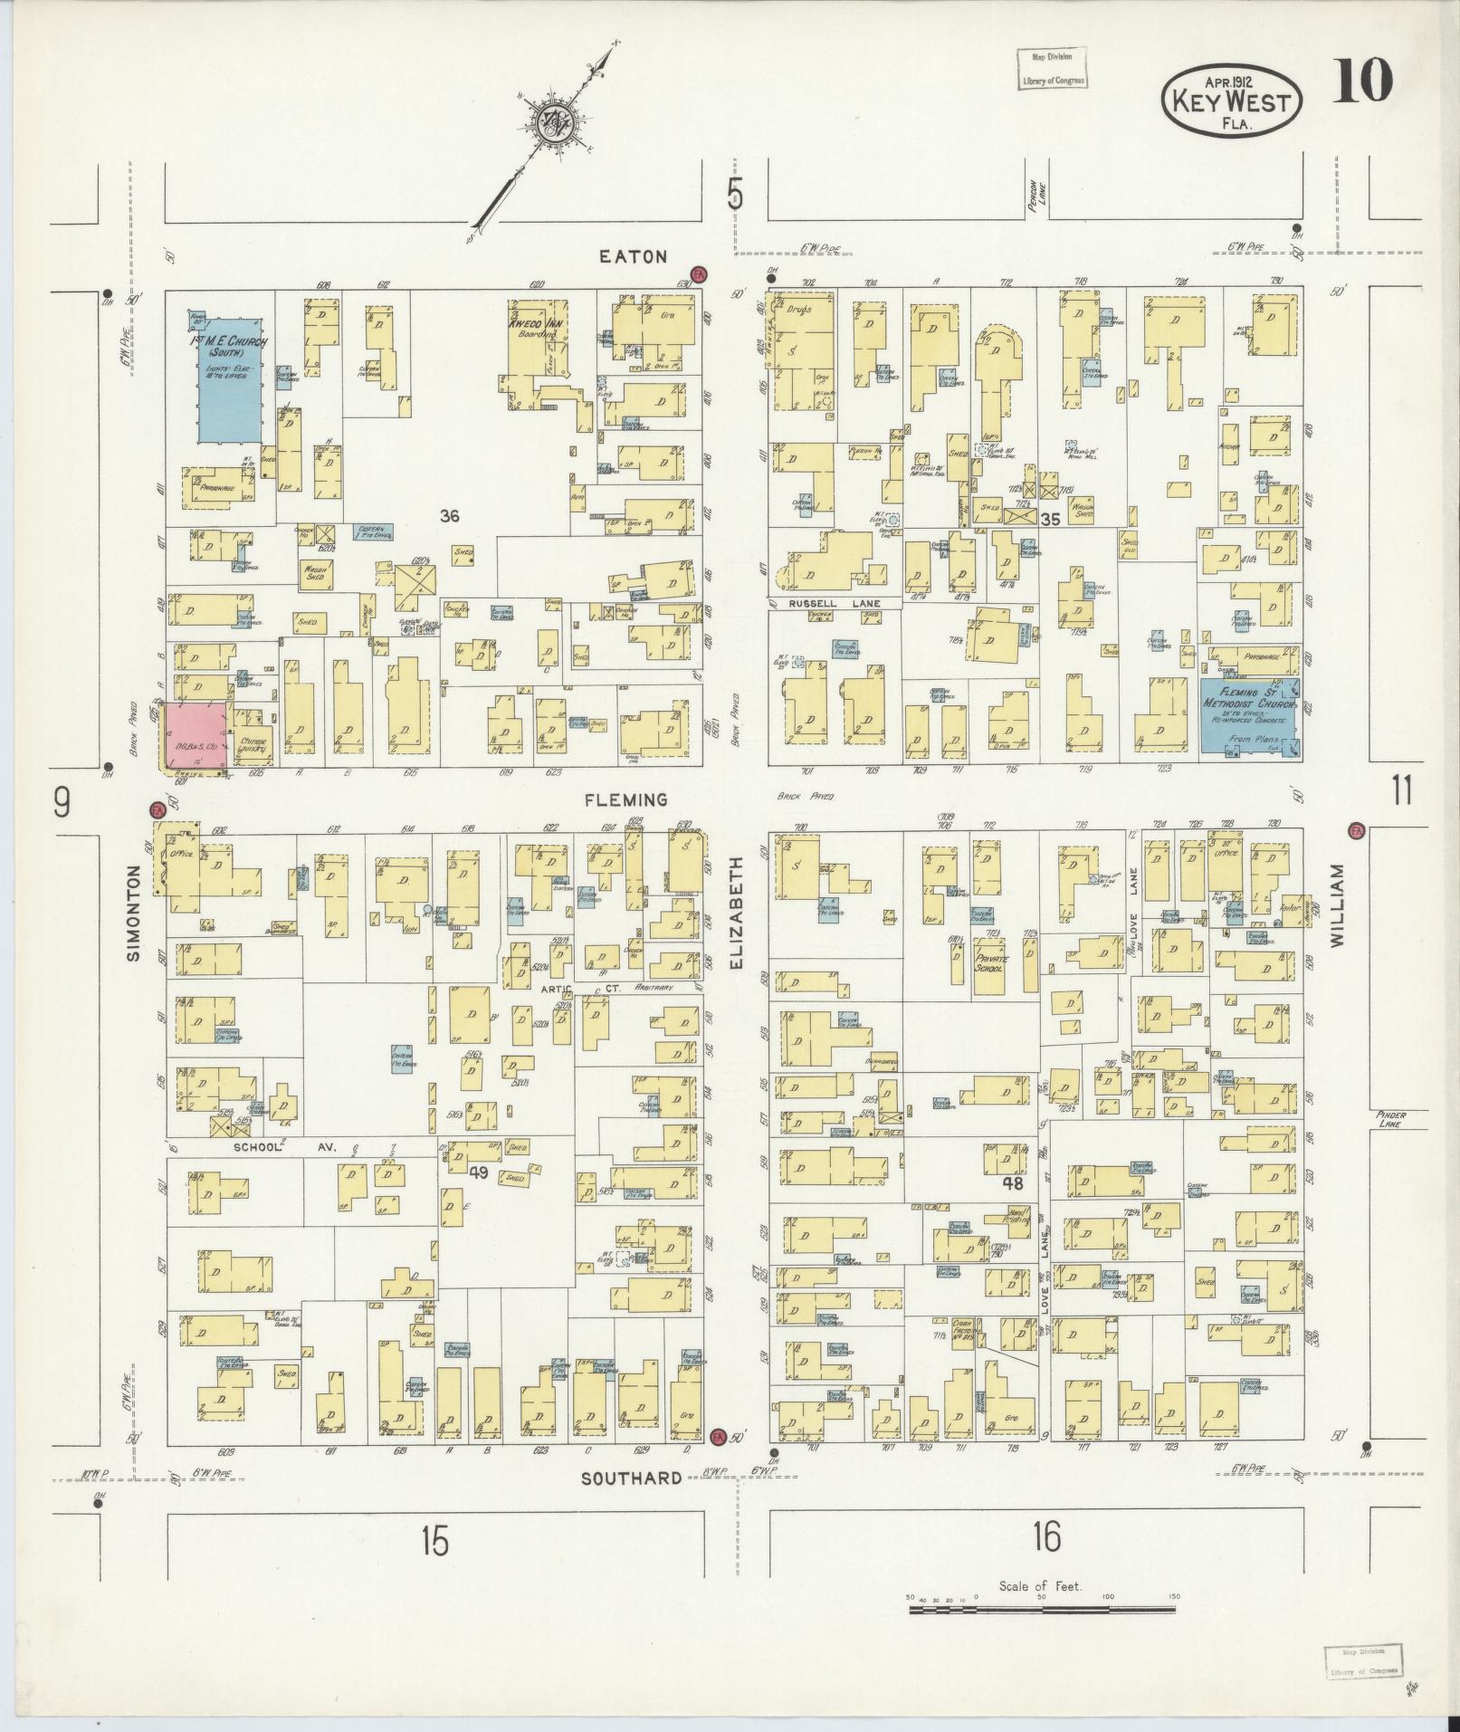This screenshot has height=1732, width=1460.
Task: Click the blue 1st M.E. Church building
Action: click(230, 380)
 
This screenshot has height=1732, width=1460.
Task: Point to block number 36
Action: click(449, 516)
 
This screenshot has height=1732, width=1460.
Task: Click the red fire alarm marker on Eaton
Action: click(698, 274)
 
